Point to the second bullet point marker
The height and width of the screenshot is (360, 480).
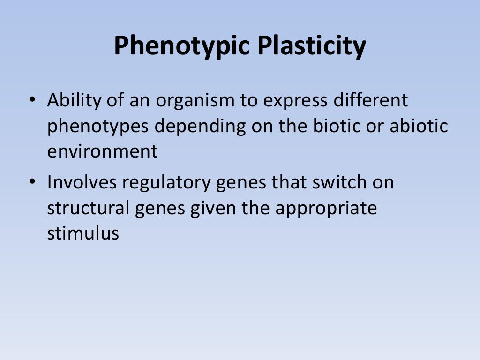32,182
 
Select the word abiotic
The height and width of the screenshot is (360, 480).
418,127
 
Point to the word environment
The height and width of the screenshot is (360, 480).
102,152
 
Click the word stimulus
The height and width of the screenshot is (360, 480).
83,233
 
